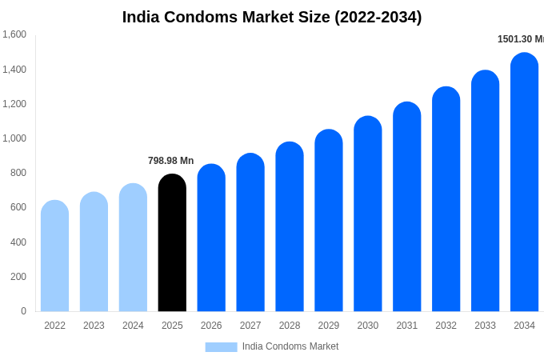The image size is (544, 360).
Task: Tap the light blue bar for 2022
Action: (54, 256)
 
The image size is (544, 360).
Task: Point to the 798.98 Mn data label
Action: (170, 161)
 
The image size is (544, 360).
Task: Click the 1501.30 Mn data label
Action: (520, 39)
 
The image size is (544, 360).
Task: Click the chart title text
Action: (272, 17)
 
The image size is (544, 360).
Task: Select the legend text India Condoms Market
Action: (290, 346)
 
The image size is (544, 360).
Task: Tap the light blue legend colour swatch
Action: (221, 346)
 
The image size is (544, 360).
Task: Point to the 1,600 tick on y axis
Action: (14, 34)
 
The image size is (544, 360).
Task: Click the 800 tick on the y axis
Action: (18, 173)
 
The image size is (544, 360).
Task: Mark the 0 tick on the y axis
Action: (23, 311)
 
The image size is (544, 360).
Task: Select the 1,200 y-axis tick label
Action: (14, 104)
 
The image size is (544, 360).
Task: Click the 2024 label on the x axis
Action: (133, 326)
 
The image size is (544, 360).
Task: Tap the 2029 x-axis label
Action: (329, 326)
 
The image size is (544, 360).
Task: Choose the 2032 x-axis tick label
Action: (446, 326)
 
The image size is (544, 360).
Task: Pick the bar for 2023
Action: (94, 252)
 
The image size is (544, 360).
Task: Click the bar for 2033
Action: (485, 191)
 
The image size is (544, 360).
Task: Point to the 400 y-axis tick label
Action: (18, 242)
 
